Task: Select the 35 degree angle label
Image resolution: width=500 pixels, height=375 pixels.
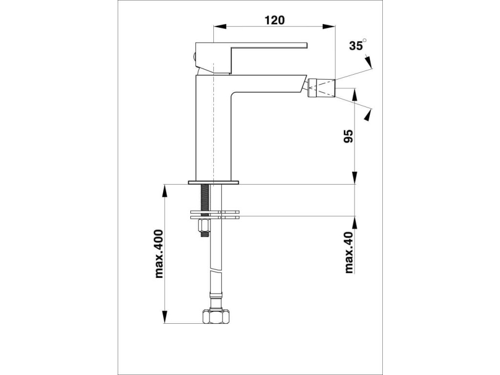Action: pos(357,45)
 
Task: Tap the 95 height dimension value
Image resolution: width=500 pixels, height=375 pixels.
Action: pos(349,136)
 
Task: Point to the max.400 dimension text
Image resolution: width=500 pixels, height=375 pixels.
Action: pos(159,253)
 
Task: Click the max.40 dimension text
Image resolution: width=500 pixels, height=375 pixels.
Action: pos(350,252)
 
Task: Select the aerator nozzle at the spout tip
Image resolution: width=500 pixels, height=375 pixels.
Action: pos(321,87)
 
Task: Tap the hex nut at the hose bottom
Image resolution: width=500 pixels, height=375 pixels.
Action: pos(216,316)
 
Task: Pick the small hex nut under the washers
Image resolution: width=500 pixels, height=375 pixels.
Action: pos(204,226)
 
